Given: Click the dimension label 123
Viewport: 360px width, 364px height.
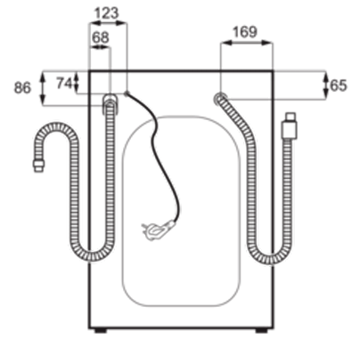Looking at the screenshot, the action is (106, 13).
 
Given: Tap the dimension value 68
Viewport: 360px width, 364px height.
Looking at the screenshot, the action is (100, 37).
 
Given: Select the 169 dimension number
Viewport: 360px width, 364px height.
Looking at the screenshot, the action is (245, 32).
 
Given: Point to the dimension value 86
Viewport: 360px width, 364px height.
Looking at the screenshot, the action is (22, 88).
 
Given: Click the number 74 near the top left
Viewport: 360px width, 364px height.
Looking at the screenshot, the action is (64, 84).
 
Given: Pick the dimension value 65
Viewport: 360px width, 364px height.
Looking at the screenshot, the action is (339, 85).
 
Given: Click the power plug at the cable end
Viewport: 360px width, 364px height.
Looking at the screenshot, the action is (158, 230).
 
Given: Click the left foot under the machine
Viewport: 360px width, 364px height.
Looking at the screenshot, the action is (101, 330).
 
